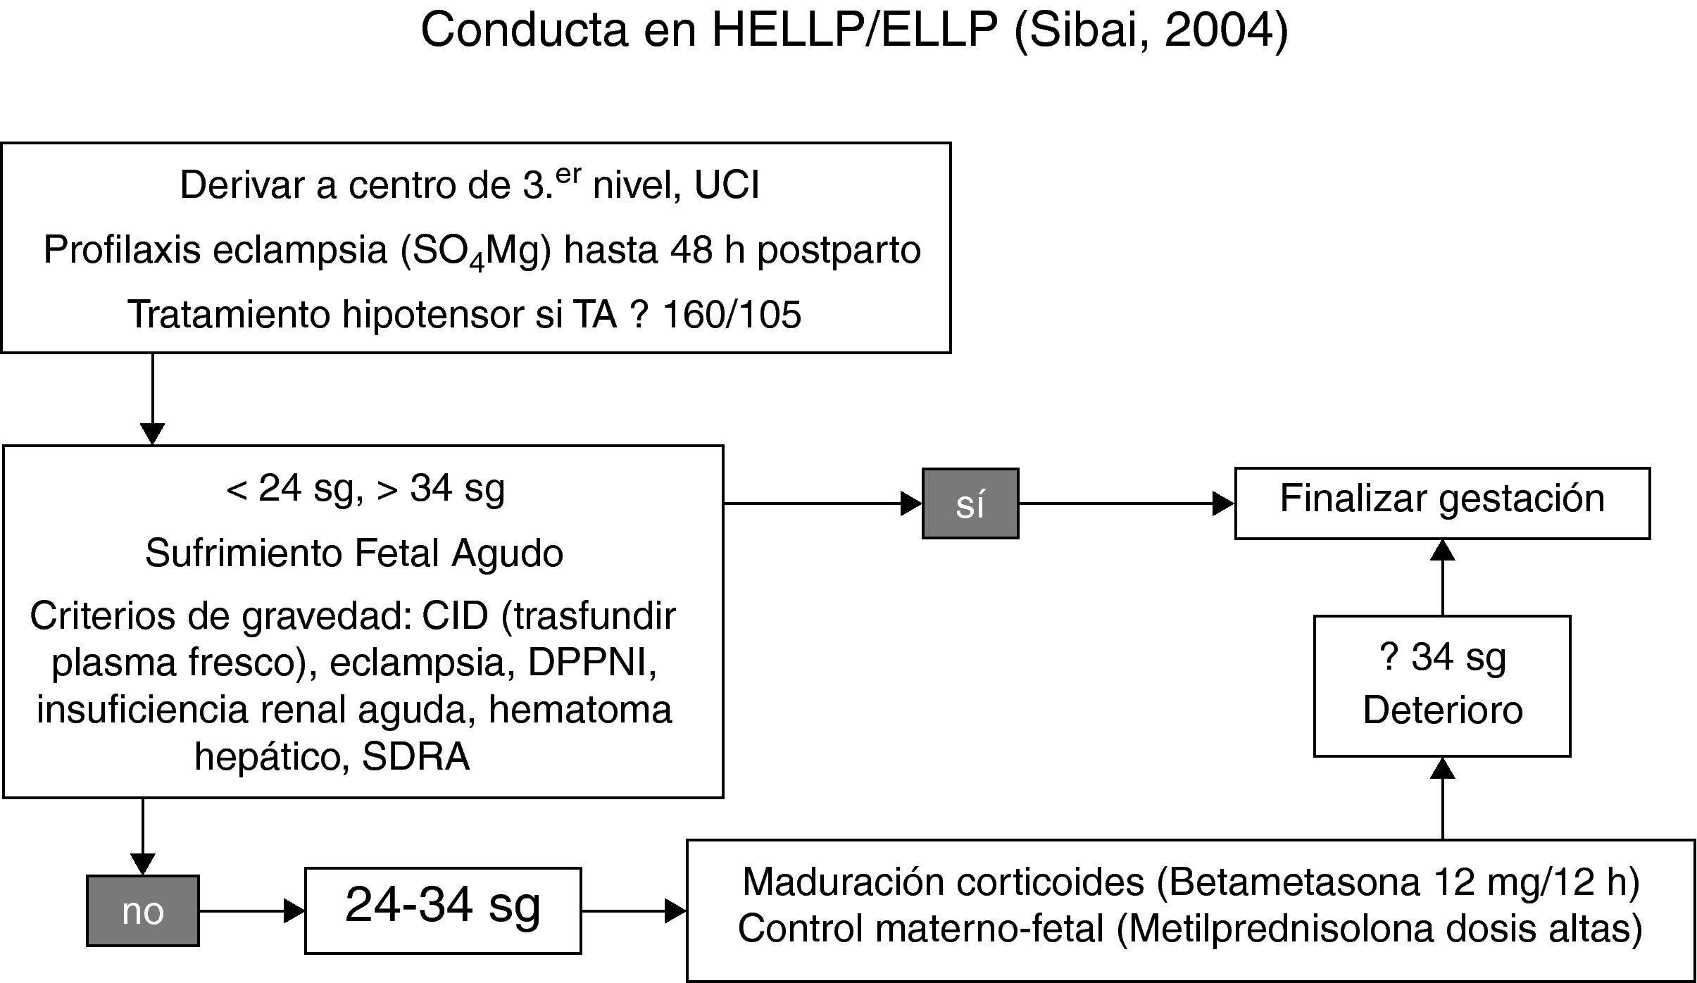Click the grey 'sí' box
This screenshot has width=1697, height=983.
[x=970, y=503]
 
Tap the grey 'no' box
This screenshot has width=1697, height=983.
[x=142, y=910]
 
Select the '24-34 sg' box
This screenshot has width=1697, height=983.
[x=443, y=910]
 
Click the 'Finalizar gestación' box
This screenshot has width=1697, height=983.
[x=1442, y=503]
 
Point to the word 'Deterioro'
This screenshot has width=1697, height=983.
[x=1442, y=710]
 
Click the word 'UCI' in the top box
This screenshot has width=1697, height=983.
[x=727, y=186]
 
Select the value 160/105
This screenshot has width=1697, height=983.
[x=732, y=315]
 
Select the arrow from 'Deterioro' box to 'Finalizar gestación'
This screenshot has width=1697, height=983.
[x=1443, y=577]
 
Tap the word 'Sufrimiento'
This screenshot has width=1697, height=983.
[x=243, y=553]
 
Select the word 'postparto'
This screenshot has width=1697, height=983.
[x=839, y=251]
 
